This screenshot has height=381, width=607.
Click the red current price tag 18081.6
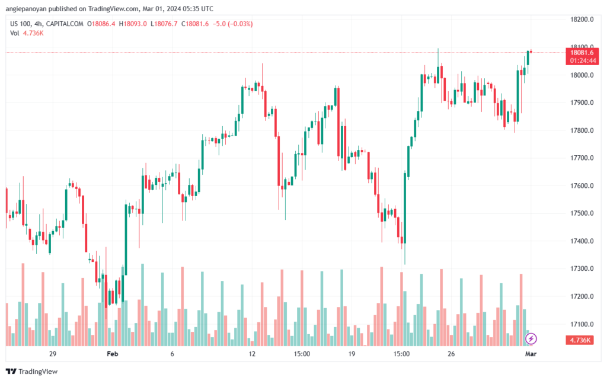(x=582, y=52)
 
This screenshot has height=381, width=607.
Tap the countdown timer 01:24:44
(x=582, y=60)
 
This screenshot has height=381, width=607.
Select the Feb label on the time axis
(x=111, y=353)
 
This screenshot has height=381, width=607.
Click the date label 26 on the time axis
(x=451, y=353)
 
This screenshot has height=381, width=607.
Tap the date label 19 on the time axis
(x=352, y=353)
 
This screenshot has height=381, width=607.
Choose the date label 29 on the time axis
(x=52, y=353)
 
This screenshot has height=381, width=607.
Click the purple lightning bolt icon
(x=532, y=338)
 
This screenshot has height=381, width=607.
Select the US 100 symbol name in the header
(x=23, y=24)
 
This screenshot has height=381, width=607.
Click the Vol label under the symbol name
(x=15, y=33)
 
